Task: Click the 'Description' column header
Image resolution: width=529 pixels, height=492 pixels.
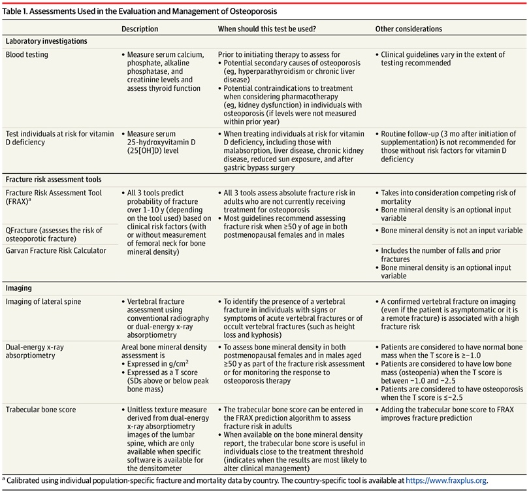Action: (140, 29)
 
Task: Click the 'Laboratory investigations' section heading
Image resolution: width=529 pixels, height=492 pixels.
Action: (46, 41)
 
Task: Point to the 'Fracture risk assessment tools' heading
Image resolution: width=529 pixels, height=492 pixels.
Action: (54, 178)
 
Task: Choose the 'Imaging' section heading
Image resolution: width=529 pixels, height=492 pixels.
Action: (19, 287)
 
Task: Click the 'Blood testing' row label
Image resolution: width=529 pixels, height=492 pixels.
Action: (27, 55)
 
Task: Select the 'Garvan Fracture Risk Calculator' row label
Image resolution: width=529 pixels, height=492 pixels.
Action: (56, 251)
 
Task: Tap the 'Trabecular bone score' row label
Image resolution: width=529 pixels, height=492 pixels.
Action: (41, 410)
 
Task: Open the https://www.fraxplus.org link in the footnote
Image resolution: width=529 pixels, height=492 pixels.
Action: (446, 480)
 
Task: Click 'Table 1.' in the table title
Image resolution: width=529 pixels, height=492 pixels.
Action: (21, 11)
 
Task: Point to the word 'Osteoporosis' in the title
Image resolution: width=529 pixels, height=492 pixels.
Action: (250, 11)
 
